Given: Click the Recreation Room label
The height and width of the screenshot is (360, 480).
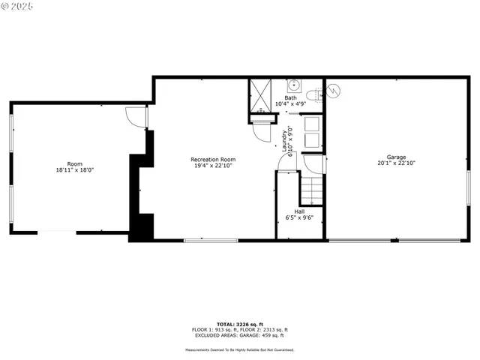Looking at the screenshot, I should coord(213,159).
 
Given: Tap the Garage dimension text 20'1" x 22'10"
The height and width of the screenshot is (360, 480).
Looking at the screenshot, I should coord(396,163).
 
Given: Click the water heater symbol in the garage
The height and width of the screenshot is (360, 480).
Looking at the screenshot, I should coord(334,90).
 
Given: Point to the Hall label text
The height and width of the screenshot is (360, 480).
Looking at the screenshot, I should coord(299,211).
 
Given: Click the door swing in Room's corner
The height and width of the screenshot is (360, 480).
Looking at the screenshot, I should coord(135,116).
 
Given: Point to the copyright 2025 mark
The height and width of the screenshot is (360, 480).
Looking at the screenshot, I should coord(17,7).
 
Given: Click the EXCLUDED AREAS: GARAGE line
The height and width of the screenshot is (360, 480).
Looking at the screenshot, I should coord(240,335).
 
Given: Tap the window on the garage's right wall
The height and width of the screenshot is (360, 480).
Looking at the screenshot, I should coord(468,191).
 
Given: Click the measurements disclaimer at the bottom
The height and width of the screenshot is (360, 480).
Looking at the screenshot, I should coord(240,349).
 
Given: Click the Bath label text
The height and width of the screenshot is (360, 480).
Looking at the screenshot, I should coord(289,97).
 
